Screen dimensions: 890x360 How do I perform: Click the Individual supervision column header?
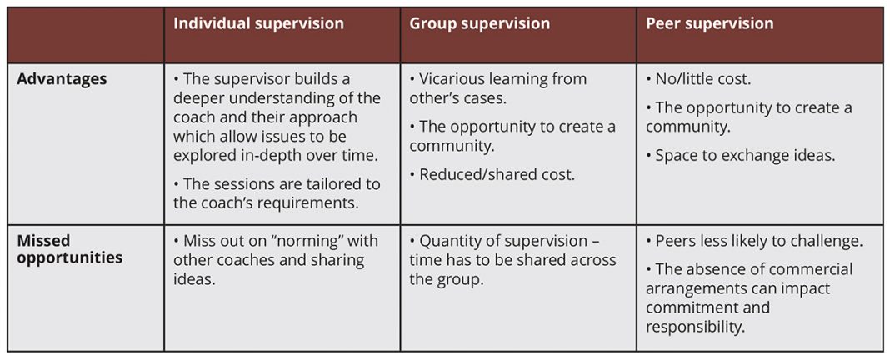[258, 23]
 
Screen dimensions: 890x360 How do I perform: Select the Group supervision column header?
[480, 23]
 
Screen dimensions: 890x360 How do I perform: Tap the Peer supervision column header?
[709, 23]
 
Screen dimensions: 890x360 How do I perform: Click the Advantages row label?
[62, 79]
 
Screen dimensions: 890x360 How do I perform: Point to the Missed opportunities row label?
[70, 248]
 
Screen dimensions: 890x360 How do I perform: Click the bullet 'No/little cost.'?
[698, 79]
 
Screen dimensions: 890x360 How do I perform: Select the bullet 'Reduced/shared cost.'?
[492, 174]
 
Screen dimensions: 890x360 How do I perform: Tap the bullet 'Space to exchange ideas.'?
[741, 156]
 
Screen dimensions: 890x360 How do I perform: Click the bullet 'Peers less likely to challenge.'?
[754, 241]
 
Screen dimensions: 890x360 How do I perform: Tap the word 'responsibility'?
[694, 327]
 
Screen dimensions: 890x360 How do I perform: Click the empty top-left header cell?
[86, 35]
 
